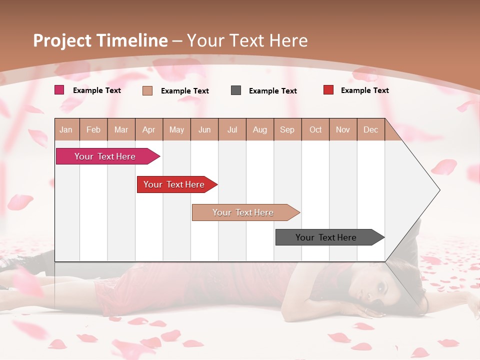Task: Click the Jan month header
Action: [x=66, y=129]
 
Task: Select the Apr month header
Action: [x=149, y=129]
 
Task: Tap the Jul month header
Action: [x=232, y=129]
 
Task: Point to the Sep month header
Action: [x=287, y=129]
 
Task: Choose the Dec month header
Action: [x=370, y=129]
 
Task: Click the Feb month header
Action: [x=93, y=129]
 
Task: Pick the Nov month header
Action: [x=343, y=129]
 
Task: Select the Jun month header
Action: [x=204, y=129]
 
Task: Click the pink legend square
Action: [x=59, y=90]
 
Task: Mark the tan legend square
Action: [x=147, y=90]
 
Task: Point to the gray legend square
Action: [x=236, y=90]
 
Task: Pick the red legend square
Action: [x=328, y=90]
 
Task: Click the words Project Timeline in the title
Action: [x=100, y=40]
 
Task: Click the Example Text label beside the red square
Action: [x=364, y=90]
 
